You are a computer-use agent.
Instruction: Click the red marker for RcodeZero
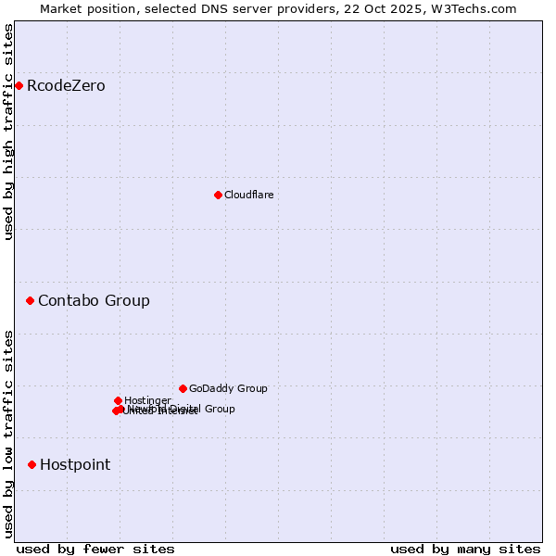[x=19, y=86]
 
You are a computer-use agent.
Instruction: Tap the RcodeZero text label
[x=66, y=86]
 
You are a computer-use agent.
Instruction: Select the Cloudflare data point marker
[x=218, y=195]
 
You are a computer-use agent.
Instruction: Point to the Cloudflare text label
[x=248, y=195]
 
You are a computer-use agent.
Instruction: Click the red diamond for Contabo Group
[x=30, y=300]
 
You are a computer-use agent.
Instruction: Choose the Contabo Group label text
[x=94, y=300]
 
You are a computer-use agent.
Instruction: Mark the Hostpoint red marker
[x=32, y=464]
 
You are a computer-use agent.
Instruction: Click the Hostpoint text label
[x=75, y=464]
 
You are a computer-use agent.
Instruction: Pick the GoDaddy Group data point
[x=183, y=388]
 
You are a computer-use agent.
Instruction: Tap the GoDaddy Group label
[x=228, y=388]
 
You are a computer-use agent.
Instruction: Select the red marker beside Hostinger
[x=118, y=400]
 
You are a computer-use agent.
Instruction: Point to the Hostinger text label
[x=147, y=400]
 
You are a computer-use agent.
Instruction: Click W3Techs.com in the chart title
[x=474, y=8]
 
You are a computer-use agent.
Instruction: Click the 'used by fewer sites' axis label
[x=95, y=549]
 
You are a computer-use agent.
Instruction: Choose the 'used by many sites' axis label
[x=465, y=549]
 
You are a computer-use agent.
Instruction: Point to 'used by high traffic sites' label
[x=8, y=132]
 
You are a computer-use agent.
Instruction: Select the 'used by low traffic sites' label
[x=8, y=433]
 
